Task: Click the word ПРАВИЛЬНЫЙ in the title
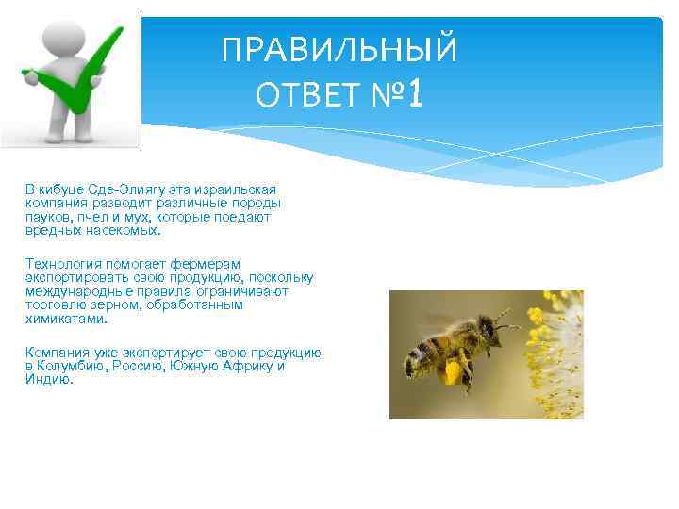point(339,50)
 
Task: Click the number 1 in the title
point(417,93)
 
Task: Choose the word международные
point(71,291)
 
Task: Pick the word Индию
point(48,379)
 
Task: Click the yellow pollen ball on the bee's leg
point(452,372)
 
